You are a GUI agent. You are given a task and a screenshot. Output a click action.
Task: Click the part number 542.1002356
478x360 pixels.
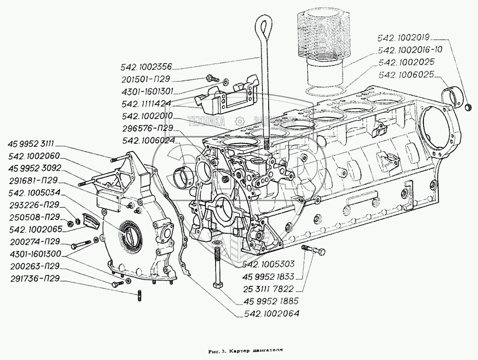pos(147,67)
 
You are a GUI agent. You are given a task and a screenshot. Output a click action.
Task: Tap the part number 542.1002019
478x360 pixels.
pos(403,38)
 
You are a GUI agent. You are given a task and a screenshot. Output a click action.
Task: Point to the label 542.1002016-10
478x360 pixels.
pos(410,50)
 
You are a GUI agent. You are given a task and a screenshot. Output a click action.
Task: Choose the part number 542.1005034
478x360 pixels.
pos(35,193)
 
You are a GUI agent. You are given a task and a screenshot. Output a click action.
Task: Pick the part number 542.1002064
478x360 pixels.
pos(272,313)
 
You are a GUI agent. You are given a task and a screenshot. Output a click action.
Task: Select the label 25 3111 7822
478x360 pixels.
pos(268,289)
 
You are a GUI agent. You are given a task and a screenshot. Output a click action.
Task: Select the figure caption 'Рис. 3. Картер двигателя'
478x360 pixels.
pos(245,351)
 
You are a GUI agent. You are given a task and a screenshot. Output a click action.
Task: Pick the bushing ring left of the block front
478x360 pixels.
pos(181,177)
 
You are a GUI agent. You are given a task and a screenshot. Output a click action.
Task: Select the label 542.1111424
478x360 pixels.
pos(146,104)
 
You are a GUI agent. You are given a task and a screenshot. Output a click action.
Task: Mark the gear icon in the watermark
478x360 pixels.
pos(239,121)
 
